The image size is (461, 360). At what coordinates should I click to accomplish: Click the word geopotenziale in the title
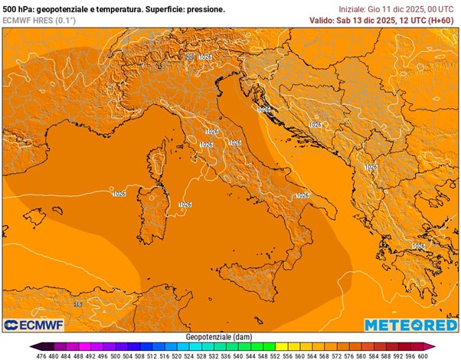(x=63, y=9)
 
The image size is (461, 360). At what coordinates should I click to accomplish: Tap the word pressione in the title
(x=206, y=9)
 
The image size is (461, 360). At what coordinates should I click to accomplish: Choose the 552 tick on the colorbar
(x=274, y=355)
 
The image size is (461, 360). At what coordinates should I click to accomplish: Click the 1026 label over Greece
(x=418, y=246)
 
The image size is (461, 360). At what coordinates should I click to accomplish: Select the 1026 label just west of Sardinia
(x=119, y=194)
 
